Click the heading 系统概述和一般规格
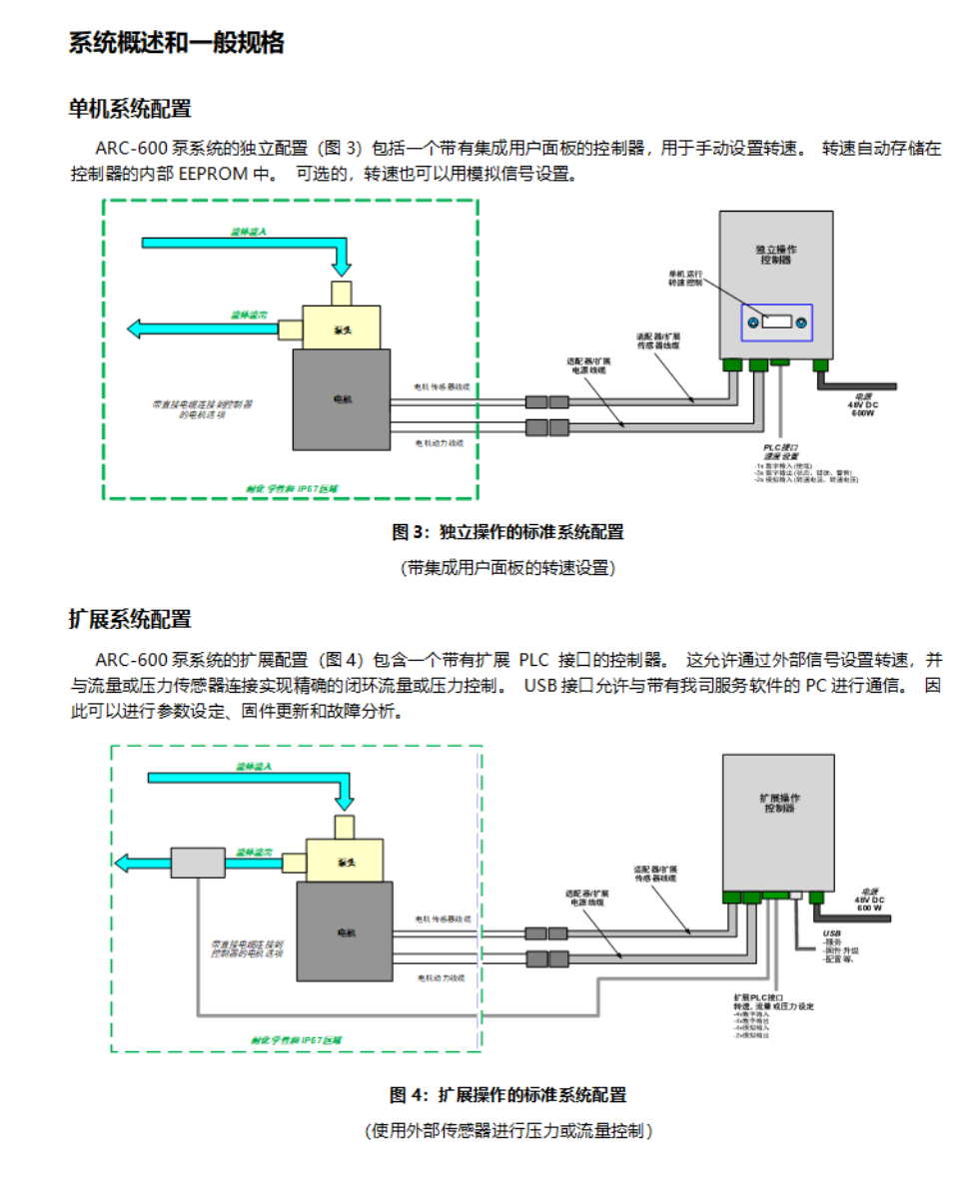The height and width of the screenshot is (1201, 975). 177,43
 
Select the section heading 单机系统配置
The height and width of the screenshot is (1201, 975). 130,109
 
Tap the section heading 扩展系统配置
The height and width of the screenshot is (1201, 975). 130,619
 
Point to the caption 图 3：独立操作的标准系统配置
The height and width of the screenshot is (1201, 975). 507,532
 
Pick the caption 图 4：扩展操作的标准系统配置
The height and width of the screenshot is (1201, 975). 507,1094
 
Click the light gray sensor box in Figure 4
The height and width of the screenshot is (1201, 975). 198,862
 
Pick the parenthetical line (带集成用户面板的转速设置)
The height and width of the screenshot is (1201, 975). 507,567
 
